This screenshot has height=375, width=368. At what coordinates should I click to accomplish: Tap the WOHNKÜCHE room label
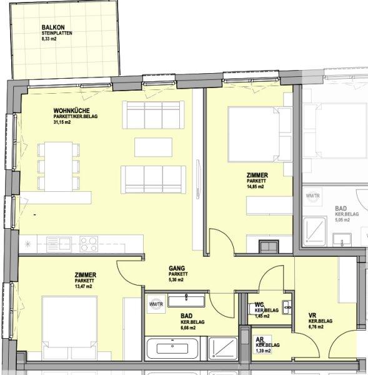[x=71, y=111]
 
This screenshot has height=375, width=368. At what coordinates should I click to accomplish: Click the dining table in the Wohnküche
[x=62, y=166]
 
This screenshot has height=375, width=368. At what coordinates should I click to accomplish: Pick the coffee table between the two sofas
[x=153, y=147]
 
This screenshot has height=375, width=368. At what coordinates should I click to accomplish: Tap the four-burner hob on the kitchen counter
[x=88, y=242]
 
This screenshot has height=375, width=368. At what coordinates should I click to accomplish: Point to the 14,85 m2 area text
[x=256, y=187]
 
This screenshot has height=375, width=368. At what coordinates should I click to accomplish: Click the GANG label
[x=177, y=269]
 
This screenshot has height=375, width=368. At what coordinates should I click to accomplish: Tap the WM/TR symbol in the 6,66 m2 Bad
[x=155, y=304]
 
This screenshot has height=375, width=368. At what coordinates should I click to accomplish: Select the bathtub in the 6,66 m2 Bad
[x=173, y=348]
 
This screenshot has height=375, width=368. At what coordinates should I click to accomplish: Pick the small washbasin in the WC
[x=287, y=306]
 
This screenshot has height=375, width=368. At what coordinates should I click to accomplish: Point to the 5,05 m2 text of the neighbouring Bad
[x=342, y=220]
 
